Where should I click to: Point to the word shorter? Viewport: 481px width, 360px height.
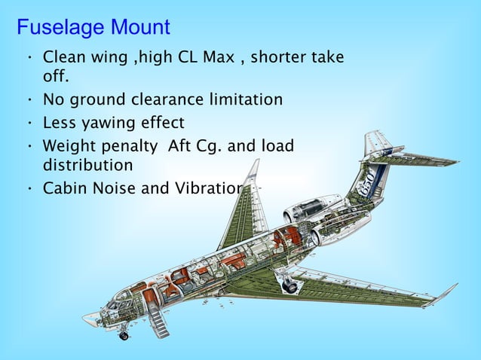[x=277, y=57]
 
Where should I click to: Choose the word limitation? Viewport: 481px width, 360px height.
[x=244, y=100]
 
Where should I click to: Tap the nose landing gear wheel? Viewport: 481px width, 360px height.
[x=124, y=336]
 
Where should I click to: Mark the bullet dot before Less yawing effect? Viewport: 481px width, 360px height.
[x=28, y=123]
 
